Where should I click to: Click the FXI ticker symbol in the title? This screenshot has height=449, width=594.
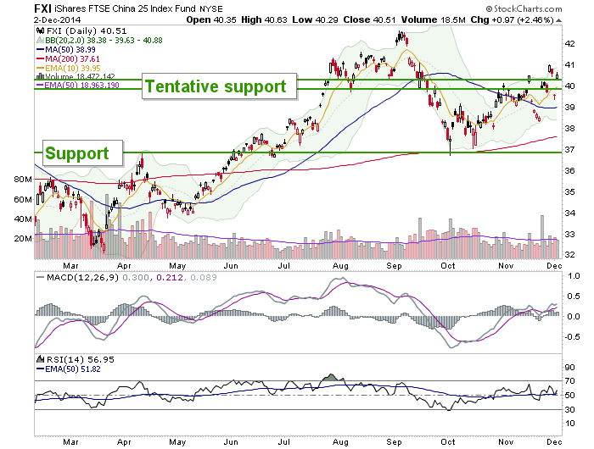coord(42,8)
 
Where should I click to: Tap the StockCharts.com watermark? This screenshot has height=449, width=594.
coord(524,8)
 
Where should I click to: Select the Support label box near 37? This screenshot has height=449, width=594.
coord(82,153)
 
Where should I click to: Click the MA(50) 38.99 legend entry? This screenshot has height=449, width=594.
coord(66,49)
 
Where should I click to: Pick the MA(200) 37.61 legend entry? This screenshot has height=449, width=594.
coord(68,59)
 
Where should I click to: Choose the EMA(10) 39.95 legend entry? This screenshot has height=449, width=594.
coord(69,69)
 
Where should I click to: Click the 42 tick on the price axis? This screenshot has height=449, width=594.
coord(569,44)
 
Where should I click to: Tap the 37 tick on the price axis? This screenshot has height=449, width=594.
coord(569,150)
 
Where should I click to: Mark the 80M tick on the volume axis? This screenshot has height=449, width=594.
coord(23,180)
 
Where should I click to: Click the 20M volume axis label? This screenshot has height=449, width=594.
coord(23,239)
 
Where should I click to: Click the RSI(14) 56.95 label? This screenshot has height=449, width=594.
coord(76,359)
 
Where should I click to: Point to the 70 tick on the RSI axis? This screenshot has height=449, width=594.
coord(569,381)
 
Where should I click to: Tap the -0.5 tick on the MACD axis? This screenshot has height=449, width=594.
coord(572,336)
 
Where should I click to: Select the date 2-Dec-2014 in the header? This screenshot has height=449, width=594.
coord(57,19)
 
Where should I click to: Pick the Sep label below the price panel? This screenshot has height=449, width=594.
coord(394,266)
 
